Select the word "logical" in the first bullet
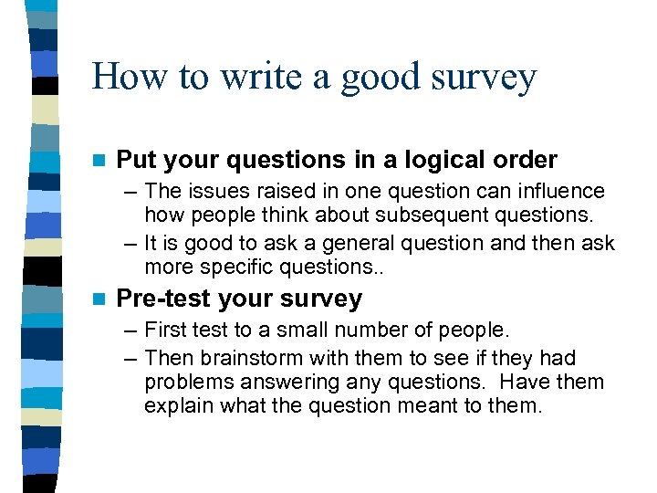433,160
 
